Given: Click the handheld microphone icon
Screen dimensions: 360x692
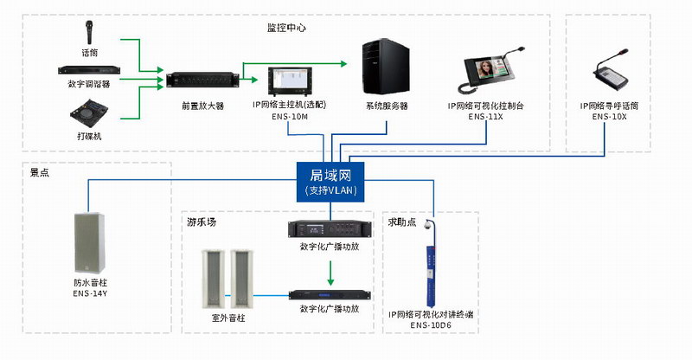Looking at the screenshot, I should click(x=89, y=34).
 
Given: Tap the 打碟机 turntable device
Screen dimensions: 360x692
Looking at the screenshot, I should click(x=89, y=113).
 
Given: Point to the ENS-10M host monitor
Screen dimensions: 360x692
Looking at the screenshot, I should click(x=288, y=81).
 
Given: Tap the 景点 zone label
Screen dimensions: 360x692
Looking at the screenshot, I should click(x=40, y=173).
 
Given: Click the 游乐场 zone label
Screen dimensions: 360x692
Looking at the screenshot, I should click(x=201, y=222).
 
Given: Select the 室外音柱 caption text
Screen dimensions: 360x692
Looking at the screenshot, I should click(x=228, y=319).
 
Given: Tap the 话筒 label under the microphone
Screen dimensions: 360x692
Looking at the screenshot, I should click(x=89, y=52).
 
